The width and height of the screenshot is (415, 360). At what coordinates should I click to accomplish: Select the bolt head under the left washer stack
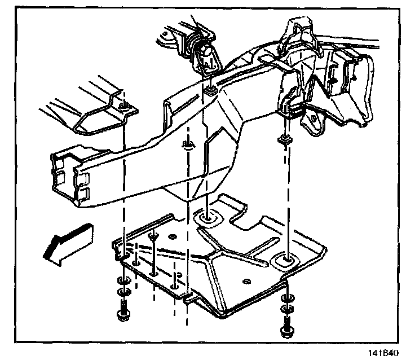tap(122, 314)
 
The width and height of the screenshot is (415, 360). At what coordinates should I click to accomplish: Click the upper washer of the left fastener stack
tap(122, 281)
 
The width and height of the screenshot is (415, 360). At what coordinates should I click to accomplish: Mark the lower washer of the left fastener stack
tap(122, 292)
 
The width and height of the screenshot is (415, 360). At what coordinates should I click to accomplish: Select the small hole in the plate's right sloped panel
tap(245, 280)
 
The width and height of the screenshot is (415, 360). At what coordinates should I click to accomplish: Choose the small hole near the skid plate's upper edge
tap(172, 235)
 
